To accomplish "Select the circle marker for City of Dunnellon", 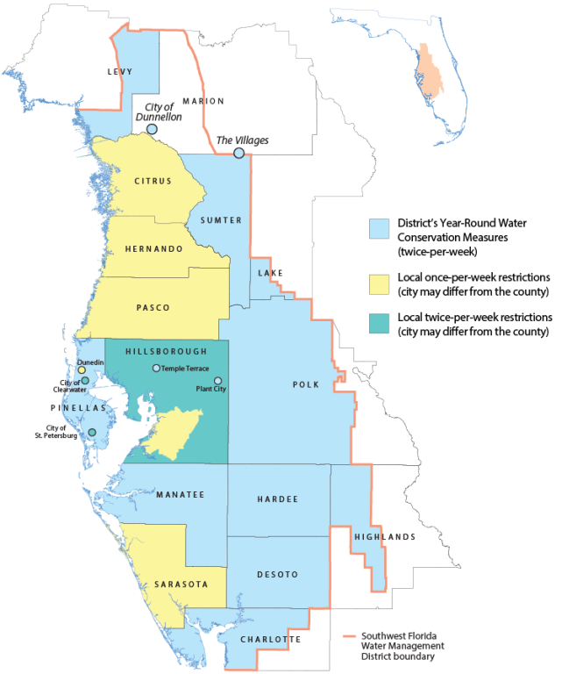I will (152, 129).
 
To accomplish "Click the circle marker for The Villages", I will (238, 154).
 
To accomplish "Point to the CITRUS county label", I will (153, 182).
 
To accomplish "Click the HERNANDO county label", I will (153, 249).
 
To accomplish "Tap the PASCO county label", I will (153, 307).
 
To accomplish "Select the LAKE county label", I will (270, 274).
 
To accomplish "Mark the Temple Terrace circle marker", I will (156, 369).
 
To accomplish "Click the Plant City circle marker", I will (219, 381).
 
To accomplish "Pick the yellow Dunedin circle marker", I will (81, 370).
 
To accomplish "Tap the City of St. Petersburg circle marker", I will (92, 433).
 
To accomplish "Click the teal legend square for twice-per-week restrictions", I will (379, 322).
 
